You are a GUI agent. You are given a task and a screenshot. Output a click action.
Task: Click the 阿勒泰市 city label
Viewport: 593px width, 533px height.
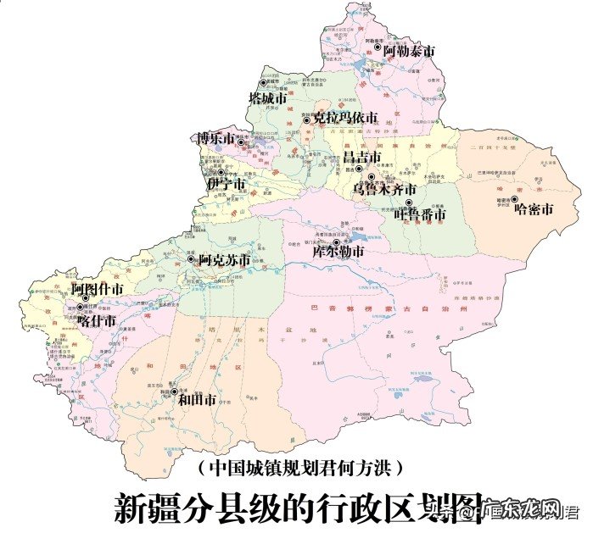click(409, 52)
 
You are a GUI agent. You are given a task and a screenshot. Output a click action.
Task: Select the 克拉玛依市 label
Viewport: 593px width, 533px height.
click(344, 118)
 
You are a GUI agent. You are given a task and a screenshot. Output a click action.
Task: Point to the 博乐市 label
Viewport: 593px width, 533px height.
click(216, 137)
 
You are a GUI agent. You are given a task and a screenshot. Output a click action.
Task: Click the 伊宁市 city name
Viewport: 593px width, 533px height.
click(227, 184)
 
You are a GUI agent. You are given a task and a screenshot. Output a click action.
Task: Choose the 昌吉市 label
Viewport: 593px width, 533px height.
click(361, 157)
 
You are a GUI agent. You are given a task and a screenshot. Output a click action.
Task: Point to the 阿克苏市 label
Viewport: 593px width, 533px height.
click(224, 259)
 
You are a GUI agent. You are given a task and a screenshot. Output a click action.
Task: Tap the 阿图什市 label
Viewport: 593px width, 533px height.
click(98, 290)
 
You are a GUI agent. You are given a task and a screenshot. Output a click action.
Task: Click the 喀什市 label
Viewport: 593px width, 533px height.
click(96, 320)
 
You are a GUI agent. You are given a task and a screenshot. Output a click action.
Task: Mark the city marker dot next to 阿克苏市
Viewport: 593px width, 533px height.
click(191, 259)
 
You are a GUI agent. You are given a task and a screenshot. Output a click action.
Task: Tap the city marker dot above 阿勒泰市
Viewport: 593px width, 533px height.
click(378, 42)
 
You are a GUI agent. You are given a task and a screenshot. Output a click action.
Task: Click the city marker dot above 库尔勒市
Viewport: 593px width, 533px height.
click(337, 242)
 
